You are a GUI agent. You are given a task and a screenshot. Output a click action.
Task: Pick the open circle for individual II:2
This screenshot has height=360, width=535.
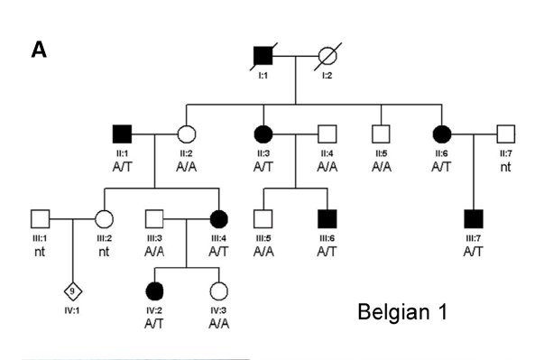click(x=186, y=134)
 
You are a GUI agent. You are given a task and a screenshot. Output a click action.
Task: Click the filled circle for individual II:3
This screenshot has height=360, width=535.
click(x=263, y=134)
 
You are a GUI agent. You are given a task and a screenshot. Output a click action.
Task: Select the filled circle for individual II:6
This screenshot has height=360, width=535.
click(x=443, y=134)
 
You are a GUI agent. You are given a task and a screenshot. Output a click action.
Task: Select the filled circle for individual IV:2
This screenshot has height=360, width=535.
click(x=153, y=291)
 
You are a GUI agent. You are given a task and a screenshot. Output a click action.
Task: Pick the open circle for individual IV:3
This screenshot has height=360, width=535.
click(x=217, y=291)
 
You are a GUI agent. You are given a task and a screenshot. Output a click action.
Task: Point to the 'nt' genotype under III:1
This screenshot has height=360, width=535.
click(x=40, y=250)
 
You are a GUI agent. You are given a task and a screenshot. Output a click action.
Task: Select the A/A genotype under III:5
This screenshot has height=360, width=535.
click(x=263, y=250)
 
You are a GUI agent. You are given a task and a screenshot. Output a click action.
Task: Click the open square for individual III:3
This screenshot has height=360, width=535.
click(x=154, y=217)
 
